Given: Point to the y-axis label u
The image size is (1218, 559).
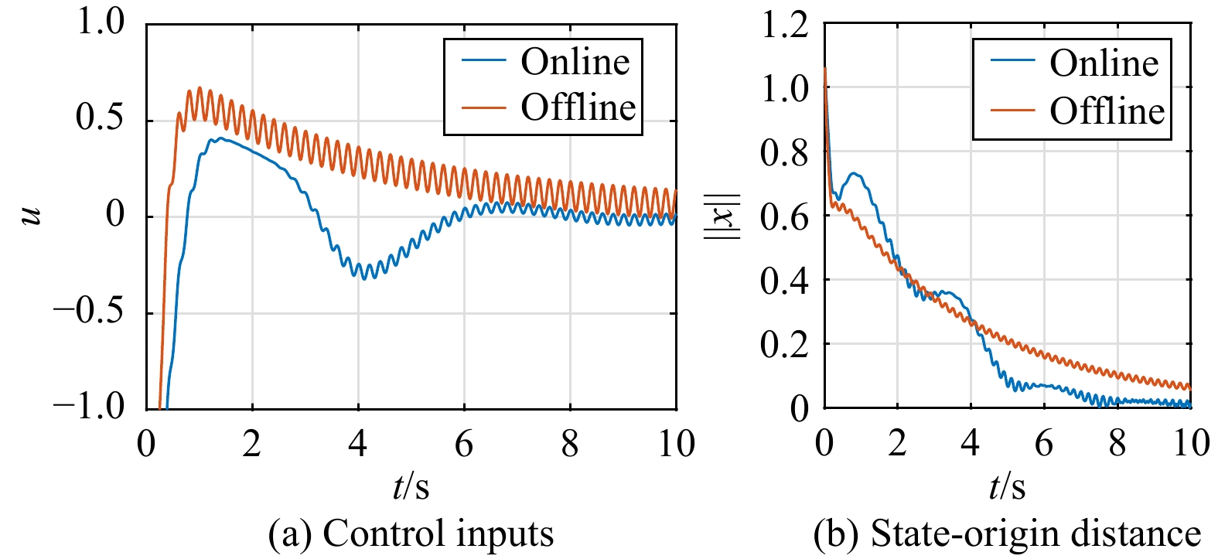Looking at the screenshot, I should tap(32, 215).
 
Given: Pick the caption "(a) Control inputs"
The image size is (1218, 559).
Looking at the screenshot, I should tap(411, 533).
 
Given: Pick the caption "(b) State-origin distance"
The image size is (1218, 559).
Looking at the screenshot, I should tap(1007, 533).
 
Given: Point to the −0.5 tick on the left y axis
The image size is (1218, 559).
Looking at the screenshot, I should tap(88, 312).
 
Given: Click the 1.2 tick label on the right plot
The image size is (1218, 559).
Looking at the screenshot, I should tap(784, 25).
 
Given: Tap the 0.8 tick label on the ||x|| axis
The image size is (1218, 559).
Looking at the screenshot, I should tap(784, 153).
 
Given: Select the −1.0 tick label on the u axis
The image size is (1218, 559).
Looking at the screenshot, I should tap(88, 407).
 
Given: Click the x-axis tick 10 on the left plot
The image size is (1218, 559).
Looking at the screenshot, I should tap(676, 444).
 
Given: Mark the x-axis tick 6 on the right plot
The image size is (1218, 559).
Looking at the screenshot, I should tap(1044, 444).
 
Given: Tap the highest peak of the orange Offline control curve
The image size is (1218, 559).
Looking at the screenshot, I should tap(200, 88).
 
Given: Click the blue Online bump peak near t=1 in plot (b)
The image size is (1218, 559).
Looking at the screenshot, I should tap(854, 173).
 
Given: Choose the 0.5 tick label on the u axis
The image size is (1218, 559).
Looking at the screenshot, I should tap(99, 118).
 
